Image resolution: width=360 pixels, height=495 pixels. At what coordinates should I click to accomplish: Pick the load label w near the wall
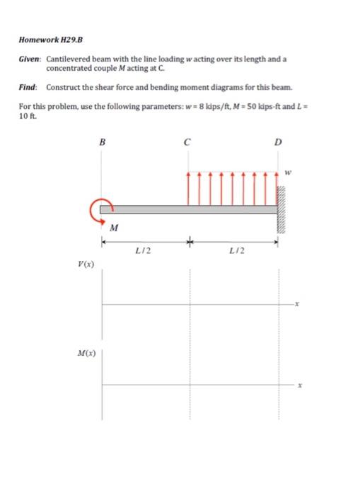(x=288, y=170)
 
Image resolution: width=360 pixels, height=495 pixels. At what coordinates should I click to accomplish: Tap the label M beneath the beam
(x=115, y=228)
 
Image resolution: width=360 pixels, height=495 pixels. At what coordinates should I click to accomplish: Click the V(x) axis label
(x=87, y=264)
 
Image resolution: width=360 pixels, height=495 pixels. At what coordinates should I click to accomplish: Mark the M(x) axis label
(x=87, y=351)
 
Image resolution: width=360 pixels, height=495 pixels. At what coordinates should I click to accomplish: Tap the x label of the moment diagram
(x=300, y=385)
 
